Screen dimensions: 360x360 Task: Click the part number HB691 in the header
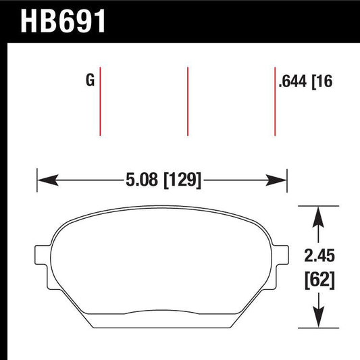tap(64, 22)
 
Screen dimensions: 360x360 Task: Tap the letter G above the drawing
tap(89, 82)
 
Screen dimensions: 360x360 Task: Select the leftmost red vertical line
tap(100, 101)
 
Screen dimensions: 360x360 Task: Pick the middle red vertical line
tap(188, 101)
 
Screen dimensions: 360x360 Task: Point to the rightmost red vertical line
tap(275, 101)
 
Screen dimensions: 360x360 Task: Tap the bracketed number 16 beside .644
tap(325, 82)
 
